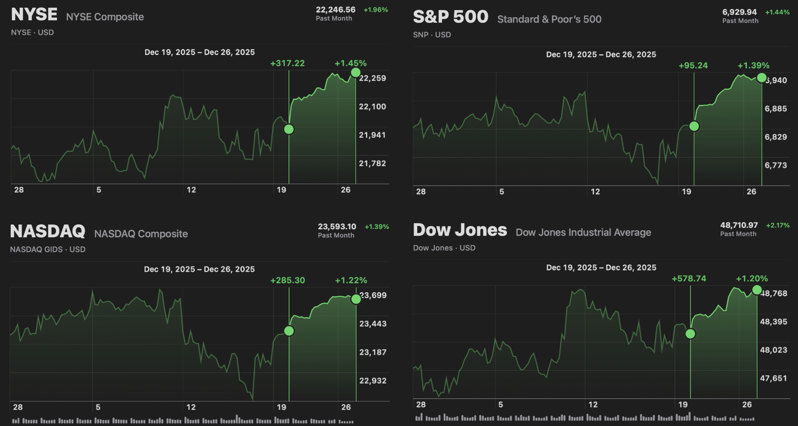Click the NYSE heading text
click(34, 15)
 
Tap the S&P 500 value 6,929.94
click(739, 12)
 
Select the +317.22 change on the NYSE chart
click(287, 63)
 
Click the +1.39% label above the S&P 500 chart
click(753, 65)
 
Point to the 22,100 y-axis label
click(372, 106)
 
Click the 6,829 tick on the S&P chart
click(776, 137)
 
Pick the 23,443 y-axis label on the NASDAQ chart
click(373, 324)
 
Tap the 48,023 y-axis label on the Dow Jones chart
click(773, 350)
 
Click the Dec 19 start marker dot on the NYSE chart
click(289, 129)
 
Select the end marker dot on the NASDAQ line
click(356, 299)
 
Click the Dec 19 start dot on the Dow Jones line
click(690, 334)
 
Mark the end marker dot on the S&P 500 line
click(762, 77)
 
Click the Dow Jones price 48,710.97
click(739, 225)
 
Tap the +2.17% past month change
click(777, 225)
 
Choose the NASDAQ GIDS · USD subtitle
click(48, 249)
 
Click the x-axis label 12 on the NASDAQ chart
click(191, 407)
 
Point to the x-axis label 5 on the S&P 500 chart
click(501, 192)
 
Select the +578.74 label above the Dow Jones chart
click(689, 278)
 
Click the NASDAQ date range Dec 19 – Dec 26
click(199, 269)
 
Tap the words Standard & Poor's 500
click(549, 19)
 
